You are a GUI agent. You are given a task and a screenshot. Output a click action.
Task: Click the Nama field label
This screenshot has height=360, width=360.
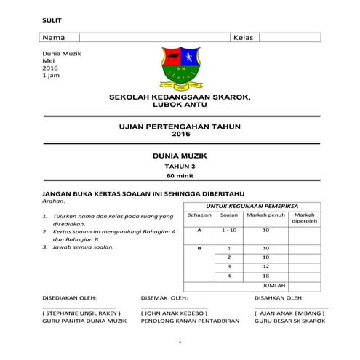52,36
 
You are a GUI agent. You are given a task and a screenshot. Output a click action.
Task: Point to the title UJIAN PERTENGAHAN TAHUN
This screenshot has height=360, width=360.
180,127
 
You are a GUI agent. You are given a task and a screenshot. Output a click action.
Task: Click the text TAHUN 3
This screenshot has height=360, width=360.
180,166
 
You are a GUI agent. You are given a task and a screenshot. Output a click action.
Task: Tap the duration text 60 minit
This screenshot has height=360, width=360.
180,175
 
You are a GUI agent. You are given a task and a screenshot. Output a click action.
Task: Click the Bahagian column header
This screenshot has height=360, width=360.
199,216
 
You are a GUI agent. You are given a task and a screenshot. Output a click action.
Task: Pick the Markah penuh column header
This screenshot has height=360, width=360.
265,216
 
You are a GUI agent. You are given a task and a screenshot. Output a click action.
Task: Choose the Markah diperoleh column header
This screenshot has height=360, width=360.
305,219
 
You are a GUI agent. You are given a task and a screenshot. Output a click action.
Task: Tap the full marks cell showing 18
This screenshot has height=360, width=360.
265,276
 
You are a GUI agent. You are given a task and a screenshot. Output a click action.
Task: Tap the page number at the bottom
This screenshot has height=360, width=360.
180,341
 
